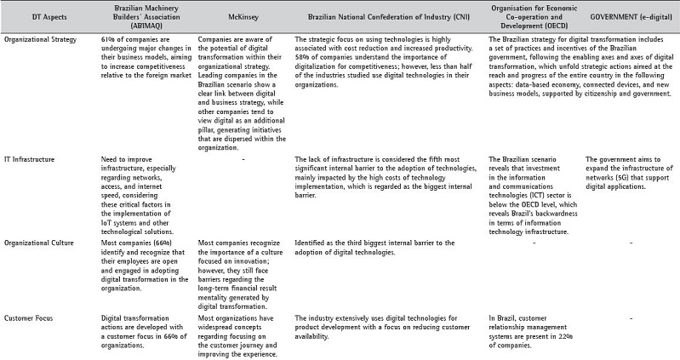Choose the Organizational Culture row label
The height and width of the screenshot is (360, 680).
tap(38, 243)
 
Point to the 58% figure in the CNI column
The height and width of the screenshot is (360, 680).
tap(302, 60)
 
